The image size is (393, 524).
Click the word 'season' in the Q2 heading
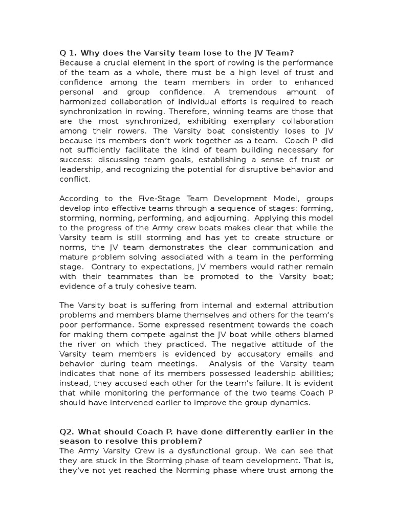[x=75, y=441]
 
